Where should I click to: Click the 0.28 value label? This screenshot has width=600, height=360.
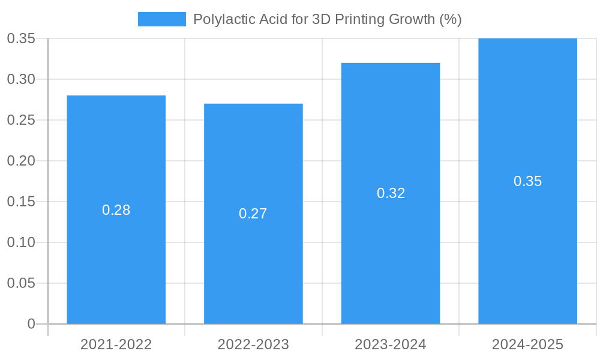[x=116, y=210]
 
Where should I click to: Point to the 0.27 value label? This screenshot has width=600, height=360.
[x=253, y=214]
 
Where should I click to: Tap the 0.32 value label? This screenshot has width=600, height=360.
[x=391, y=193]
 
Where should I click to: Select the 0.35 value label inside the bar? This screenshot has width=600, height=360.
[x=527, y=181]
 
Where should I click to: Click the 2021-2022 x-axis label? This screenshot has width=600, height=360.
[x=116, y=344]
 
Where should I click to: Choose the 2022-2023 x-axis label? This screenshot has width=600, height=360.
[x=253, y=344]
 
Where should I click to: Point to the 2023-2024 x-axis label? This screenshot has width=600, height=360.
[x=391, y=344]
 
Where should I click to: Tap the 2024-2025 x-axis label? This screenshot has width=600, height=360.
[x=527, y=344]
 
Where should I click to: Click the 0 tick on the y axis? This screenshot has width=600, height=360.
[x=31, y=324]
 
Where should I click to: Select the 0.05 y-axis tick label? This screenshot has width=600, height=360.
[x=21, y=283]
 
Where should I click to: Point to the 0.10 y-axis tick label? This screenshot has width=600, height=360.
[x=21, y=242]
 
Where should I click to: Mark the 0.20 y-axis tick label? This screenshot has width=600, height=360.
[x=21, y=161]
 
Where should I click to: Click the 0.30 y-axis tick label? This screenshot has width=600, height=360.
[x=21, y=79]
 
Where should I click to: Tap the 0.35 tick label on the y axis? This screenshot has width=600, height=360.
[x=21, y=38]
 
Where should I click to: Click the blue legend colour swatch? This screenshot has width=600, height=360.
[x=161, y=19]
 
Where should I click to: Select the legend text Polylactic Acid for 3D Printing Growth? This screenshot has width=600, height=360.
[x=327, y=19]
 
